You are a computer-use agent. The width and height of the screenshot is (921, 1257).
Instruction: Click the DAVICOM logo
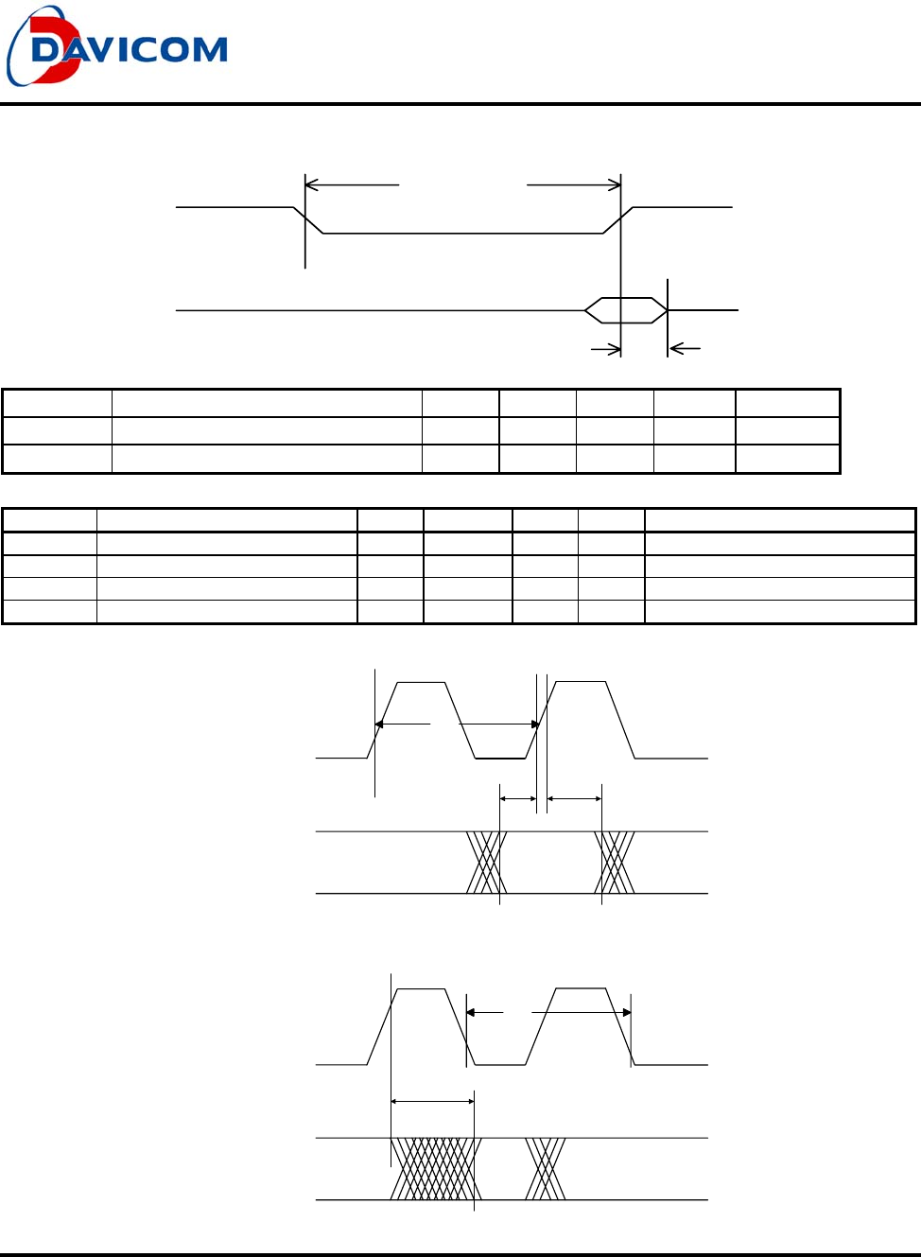click(118, 47)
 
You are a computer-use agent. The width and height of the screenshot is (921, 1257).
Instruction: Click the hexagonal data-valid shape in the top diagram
click(625, 310)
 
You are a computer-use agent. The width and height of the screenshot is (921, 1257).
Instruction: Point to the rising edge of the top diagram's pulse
click(617, 220)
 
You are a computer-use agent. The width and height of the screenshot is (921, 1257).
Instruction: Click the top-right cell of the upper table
click(788, 403)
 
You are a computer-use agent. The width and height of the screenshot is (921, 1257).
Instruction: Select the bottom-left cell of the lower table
click(49, 612)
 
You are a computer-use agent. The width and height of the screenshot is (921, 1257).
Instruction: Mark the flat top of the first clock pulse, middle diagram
click(421, 682)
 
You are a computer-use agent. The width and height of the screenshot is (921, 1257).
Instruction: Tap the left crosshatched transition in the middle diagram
click(486, 863)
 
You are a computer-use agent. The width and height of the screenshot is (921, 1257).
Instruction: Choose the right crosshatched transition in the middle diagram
click(615, 863)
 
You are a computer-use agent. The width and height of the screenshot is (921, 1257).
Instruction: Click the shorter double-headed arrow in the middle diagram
click(517, 799)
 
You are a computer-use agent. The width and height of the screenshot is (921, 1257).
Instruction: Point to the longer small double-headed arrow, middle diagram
click(574, 799)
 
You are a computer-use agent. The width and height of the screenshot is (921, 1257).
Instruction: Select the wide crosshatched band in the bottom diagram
click(436, 1169)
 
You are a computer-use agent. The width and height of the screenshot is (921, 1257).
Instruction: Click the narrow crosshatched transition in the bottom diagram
click(546, 1169)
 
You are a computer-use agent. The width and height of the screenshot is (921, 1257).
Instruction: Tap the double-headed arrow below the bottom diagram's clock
click(432, 1101)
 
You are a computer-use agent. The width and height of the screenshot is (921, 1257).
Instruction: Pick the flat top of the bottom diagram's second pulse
click(581, 988)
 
